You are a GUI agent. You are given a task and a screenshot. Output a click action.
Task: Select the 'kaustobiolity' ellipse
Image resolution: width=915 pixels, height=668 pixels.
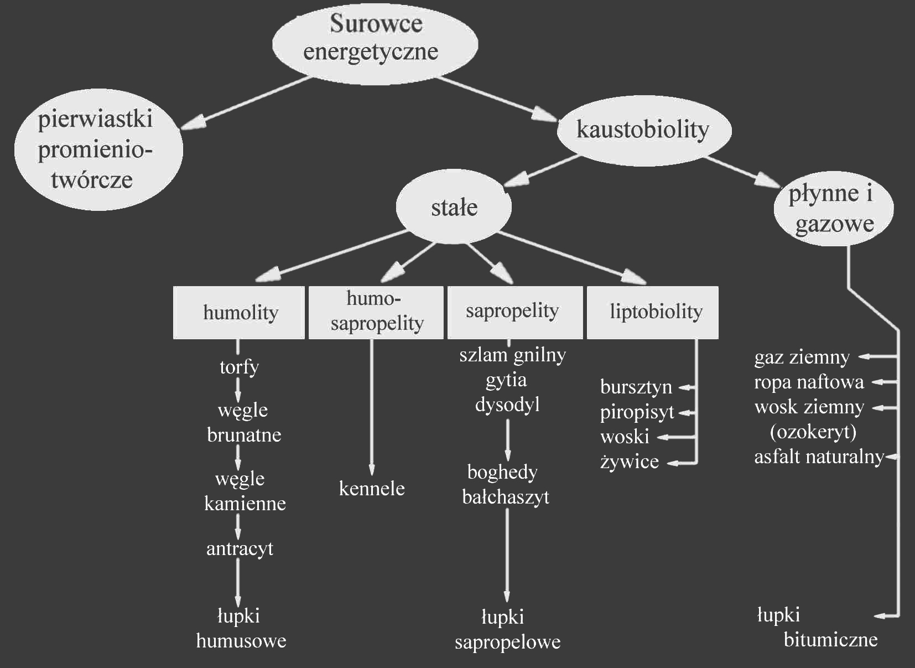(x=643, y=130)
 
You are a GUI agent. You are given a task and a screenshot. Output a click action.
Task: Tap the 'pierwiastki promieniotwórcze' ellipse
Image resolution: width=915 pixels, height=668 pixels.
(x=98, y=149)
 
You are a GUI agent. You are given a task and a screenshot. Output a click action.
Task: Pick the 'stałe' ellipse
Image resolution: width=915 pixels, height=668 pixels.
(x=454, y=208)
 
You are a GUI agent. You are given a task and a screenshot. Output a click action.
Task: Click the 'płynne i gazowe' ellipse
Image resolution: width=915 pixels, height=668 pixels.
(x=833, y=209)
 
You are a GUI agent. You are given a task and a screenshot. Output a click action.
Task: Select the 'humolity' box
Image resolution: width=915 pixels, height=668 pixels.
(x=239, y=312)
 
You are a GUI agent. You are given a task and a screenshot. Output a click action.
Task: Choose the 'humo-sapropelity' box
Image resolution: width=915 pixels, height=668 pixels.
(x=376, y=312)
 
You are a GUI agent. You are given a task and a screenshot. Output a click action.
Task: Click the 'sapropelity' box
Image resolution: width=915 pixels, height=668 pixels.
(x=514, y=312)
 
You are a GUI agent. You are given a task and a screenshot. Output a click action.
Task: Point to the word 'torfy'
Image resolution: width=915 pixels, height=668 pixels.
(x=239, y=367)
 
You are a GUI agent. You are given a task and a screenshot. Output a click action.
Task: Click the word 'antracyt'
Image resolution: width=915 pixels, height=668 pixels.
(x=240, y=548)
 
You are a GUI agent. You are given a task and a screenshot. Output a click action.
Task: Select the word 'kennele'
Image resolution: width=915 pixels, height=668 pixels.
(x=372, y=489)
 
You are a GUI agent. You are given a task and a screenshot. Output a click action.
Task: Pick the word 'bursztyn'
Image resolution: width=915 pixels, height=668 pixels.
(x=636, y=387)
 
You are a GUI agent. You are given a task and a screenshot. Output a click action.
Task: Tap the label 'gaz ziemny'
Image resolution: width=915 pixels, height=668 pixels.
(x=802, y=358)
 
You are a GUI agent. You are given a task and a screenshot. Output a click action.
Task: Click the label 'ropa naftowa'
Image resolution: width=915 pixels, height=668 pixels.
(x=809, y=382)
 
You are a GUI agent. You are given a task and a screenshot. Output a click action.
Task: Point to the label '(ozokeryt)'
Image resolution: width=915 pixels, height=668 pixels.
(x=813, y=432)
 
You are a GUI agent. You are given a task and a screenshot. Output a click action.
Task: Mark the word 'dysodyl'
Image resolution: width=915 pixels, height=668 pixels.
(x=507, y=405)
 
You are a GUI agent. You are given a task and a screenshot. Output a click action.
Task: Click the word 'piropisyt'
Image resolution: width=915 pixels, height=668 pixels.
(x=637, y=412)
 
